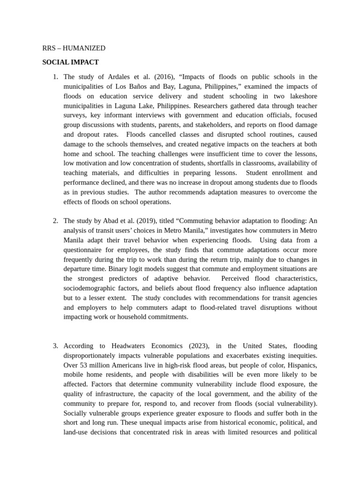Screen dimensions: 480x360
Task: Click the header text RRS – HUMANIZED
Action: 74,48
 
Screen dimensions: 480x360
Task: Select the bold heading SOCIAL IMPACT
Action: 70,62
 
